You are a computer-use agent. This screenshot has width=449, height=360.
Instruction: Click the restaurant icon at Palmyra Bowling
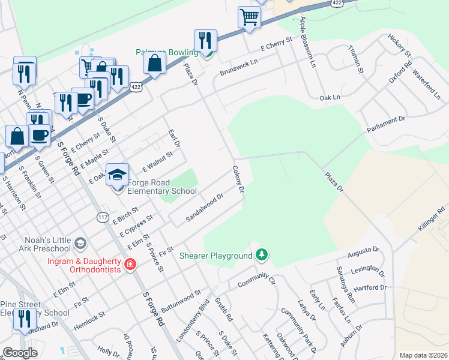point(205,41)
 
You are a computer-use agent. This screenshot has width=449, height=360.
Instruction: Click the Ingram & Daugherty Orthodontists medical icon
point(130,263)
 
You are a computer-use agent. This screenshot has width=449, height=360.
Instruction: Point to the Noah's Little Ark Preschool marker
point(81,244)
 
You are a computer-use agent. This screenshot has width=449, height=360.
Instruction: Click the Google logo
point(20,353)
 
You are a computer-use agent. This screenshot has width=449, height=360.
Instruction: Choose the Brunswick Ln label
point(238,66)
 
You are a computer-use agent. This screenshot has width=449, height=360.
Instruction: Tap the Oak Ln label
point(330,97)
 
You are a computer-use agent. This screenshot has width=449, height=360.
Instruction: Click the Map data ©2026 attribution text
point(423,355)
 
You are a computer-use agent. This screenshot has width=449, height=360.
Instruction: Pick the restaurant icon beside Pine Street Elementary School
point(24,319)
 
